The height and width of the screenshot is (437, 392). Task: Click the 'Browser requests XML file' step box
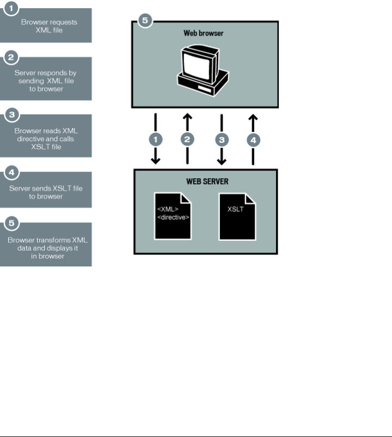[49, 26]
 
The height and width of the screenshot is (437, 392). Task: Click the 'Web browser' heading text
[204, 33]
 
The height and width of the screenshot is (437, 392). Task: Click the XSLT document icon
[237, 216]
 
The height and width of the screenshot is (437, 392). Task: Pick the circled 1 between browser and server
[156, 139]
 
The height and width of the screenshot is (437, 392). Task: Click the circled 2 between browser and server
[188, 139]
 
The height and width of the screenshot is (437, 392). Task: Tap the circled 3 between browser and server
[220, 139]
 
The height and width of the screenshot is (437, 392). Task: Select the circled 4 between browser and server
[252, 139]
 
